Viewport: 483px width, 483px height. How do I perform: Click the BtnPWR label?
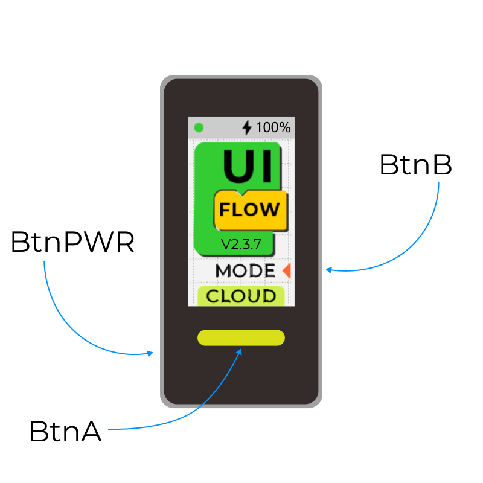point(72,242)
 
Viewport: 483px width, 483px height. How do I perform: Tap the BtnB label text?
point(416,165)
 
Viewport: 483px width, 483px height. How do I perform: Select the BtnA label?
point(65,431)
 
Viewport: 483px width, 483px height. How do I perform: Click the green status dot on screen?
point(199,127)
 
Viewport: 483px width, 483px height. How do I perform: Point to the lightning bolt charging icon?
point(247,127)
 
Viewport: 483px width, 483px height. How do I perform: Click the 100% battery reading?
point(273,127)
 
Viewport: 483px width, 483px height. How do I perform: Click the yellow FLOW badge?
point(251,210)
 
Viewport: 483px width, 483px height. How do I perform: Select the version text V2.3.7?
point(241,245)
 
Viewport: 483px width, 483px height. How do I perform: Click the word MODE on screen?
point(245,270)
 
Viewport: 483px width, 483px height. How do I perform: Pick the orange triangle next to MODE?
point(287,270)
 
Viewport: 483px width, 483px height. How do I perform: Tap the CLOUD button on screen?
point(241,296)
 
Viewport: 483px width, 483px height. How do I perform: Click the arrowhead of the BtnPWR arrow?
point(150,353)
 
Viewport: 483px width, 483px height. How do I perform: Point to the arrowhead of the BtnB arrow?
point(329,270)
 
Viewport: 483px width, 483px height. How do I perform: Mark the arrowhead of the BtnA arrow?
point(239,352)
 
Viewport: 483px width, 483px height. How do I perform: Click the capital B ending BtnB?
point(441,165)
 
